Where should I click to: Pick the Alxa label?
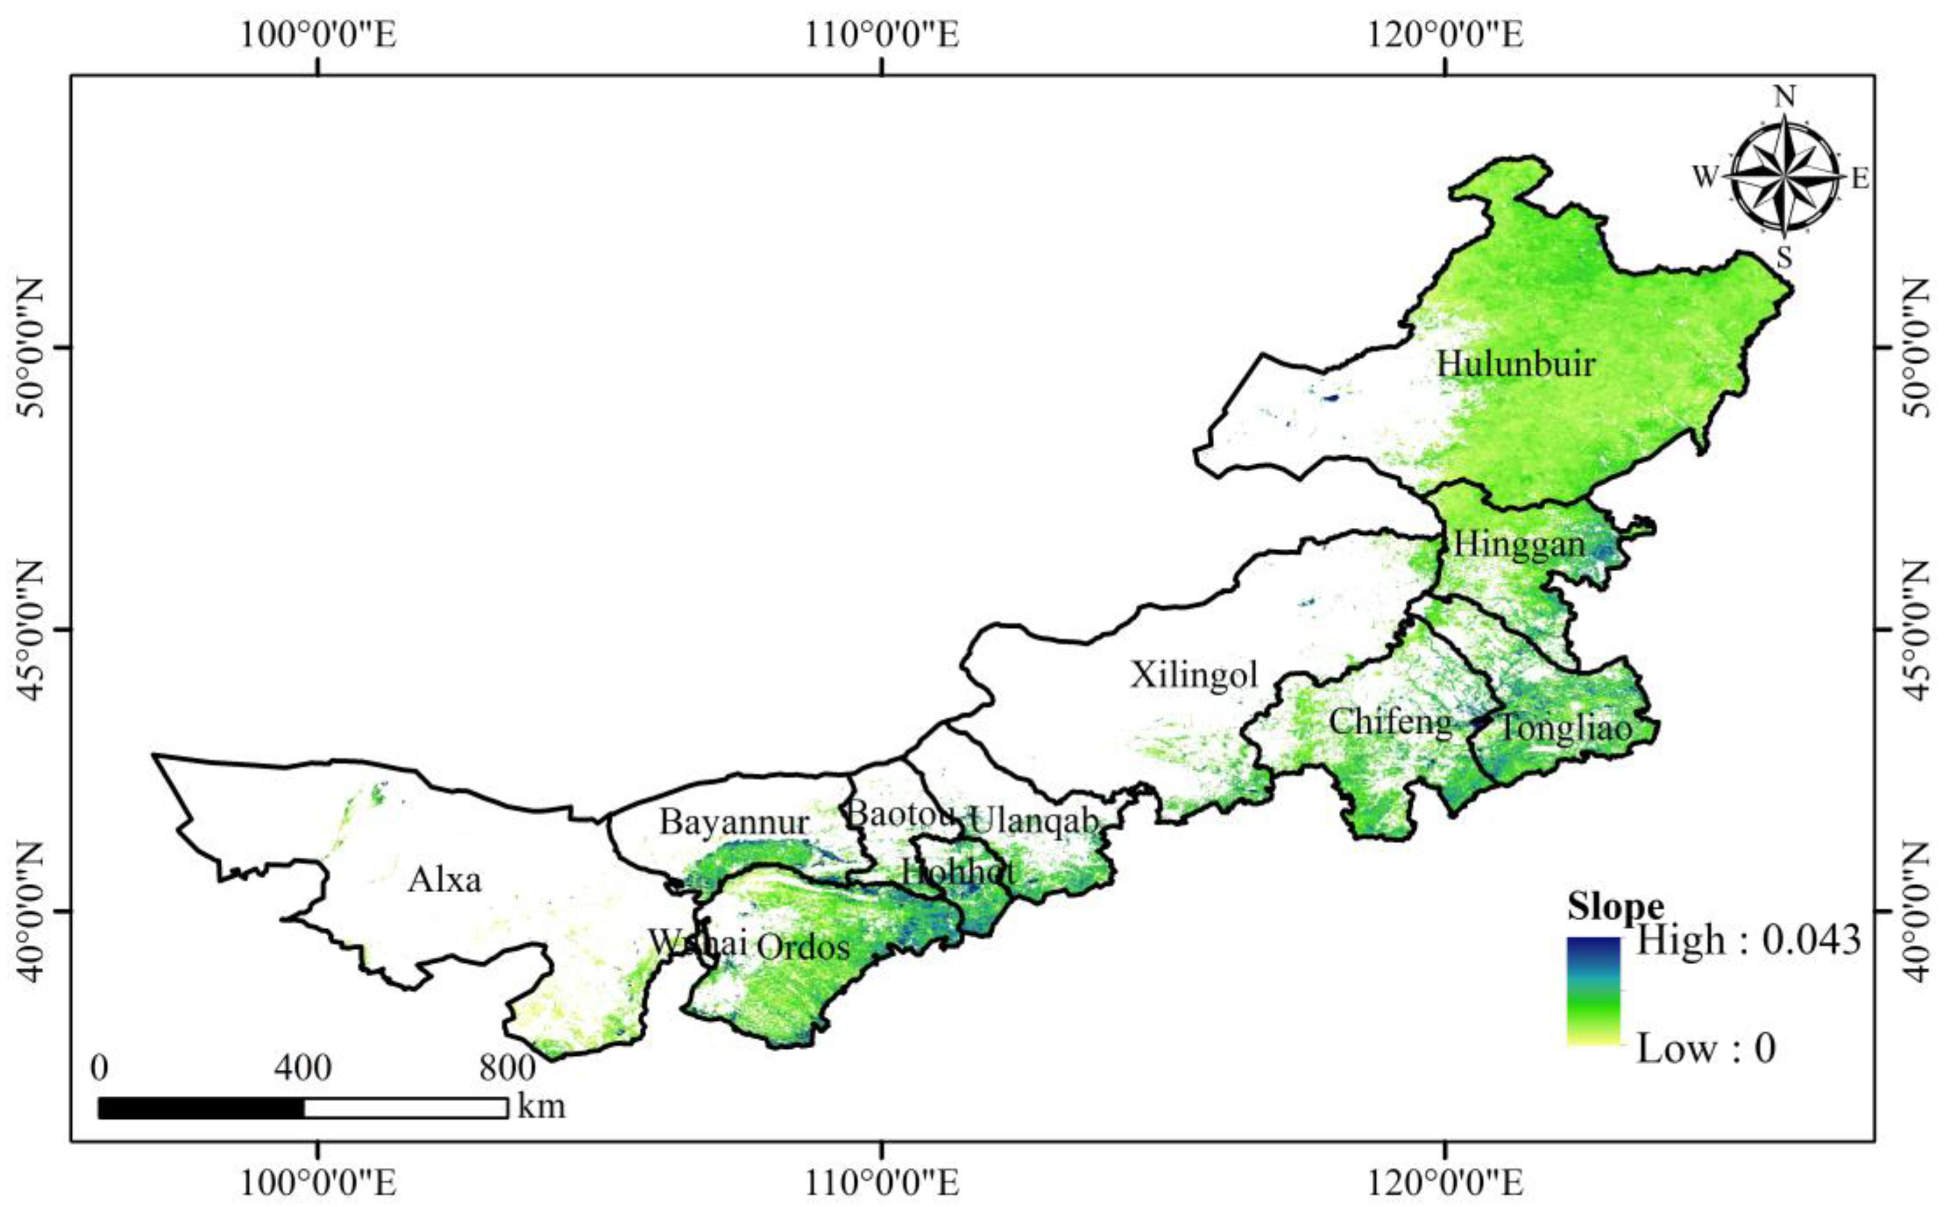click(444, 881)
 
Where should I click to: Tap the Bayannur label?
click(733, 822)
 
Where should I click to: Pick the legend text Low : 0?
click(1706, 1048)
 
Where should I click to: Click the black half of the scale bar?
click(201, 1108)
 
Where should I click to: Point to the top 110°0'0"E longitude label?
click(881, 37)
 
